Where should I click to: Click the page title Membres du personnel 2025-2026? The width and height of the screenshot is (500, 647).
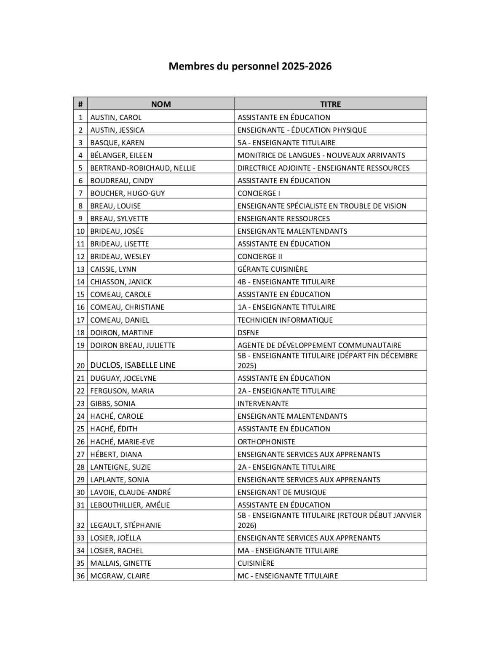250,66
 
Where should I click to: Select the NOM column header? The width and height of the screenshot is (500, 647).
161,104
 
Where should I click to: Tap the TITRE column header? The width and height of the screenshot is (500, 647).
330,104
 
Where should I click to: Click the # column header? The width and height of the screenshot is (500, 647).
80,104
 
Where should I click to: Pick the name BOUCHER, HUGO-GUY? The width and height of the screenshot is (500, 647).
127,193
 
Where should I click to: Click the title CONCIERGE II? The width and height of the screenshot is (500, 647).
259,257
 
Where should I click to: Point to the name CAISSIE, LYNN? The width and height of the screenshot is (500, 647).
113,269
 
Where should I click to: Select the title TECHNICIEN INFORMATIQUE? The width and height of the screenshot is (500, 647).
285,320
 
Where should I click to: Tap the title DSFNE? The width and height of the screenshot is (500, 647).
248,333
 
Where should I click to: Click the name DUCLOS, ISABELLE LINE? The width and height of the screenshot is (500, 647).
133,365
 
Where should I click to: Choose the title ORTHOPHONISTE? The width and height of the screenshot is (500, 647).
266,442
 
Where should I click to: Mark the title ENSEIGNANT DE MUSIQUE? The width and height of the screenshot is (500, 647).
281,492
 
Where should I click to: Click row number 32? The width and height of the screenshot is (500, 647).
80,525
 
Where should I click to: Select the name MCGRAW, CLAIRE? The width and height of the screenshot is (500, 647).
120,576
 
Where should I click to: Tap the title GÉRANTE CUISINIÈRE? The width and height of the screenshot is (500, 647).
273,269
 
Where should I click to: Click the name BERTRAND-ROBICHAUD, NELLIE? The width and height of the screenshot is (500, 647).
143,168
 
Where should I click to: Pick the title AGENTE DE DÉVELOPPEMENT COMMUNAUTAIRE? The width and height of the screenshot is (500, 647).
319,345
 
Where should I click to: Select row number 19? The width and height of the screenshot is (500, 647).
80,345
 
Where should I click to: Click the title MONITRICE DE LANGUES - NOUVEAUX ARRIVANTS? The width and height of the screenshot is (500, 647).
321,155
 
